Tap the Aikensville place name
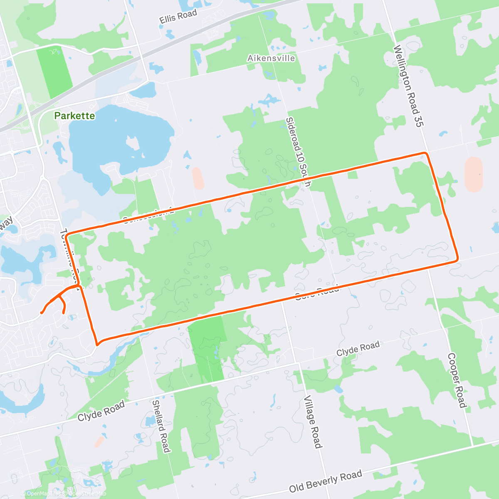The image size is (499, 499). (x=271, y=58)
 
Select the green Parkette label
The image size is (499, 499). (x=75, y=116)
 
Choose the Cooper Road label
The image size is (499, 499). (x=457, y=380)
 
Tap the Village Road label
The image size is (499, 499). (x=313, y=422)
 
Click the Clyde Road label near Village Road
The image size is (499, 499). (x=358, y=348)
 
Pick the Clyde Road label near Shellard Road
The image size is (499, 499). (x=101, y=411)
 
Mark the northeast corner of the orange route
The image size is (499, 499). (x=425, y=153)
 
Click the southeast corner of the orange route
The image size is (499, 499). (x=457, y=259)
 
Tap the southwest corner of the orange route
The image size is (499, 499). (x=97, y=344)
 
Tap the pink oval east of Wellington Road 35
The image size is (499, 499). (x=474, y=174)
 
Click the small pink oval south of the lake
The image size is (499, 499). (x=198, y=178)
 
